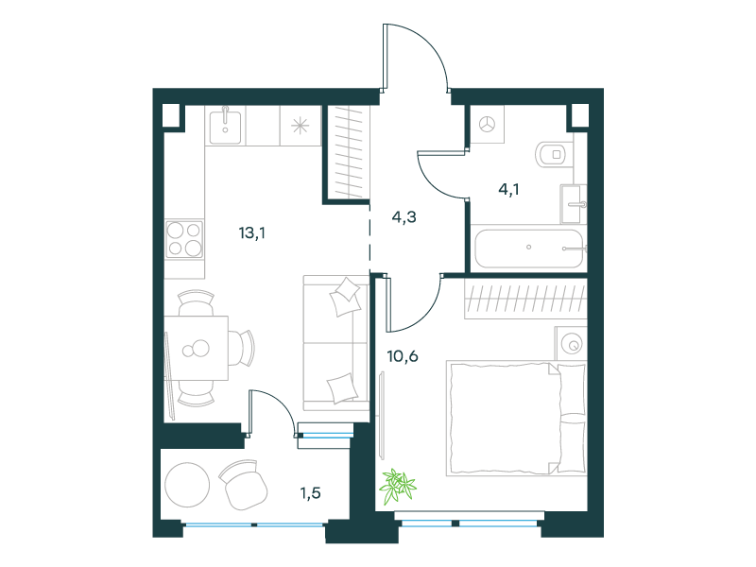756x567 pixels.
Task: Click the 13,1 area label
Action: tap(251, 233)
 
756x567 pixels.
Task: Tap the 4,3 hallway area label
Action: tap(404, 217)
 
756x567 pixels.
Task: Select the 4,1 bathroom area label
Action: tap(508, 190)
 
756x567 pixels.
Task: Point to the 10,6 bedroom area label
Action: tap(403, 356)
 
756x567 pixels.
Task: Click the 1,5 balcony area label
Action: tap(310, 493)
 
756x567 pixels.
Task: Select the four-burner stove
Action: tap(183, 239)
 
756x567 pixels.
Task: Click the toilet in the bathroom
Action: tap(553, 154)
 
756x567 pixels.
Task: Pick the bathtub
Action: tap(529, 248)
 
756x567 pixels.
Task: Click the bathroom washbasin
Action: tap(574, 204)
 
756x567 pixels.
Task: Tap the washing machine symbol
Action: tap(487, 125)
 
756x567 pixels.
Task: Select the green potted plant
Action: tap(398, 486)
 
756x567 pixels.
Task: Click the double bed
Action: tap(516, 418)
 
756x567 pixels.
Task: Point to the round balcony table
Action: tap(187, 485)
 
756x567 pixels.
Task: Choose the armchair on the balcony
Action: tap(244, 484)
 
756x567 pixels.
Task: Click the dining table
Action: tap(196, 348)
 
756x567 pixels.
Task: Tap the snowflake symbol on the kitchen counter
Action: tap(300, 126)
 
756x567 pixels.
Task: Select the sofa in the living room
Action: tap(336, 343)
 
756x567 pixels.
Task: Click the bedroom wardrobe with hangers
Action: tap(526, 299)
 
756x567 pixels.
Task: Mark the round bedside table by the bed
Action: tap(571, 343)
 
